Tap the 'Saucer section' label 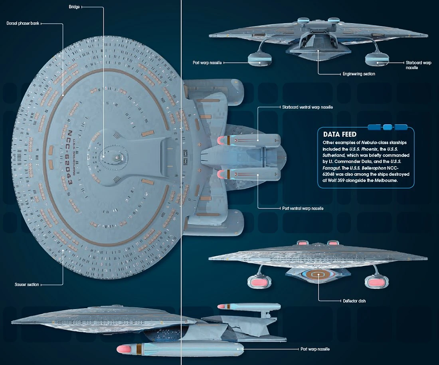(26, 284)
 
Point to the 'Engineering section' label (359, 74)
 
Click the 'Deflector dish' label (354, 301)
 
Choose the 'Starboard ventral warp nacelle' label (305, 107)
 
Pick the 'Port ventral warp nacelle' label (301, 208)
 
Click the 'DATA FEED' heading (340, 135)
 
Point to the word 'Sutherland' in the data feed (334, 155)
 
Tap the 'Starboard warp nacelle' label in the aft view (418, 65)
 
